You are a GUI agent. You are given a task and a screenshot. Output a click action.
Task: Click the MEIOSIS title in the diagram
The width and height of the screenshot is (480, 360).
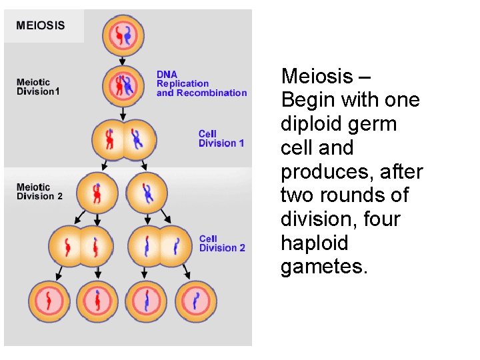point(41,26)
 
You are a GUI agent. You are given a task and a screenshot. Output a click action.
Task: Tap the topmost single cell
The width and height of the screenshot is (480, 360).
point(123,34)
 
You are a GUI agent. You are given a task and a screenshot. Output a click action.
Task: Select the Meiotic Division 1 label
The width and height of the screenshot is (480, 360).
point(38,87)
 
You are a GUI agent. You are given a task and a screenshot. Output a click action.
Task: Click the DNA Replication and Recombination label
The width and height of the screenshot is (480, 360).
point(201,84)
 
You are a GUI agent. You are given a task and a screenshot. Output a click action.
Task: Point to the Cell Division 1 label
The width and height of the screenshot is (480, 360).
point(221,138)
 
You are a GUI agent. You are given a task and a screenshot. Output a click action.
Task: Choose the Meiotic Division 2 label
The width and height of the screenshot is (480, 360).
point(39,192)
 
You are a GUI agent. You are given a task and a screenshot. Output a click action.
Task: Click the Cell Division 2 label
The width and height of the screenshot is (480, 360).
point(222,243)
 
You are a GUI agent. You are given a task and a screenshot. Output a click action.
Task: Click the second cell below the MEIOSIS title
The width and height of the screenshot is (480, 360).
point(123,85)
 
